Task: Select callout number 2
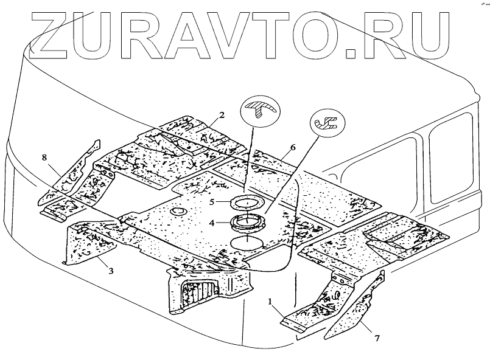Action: (222, 115)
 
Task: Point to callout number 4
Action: (212, 223)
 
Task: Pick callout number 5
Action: (212, 201)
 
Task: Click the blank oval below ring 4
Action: (247, 241)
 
